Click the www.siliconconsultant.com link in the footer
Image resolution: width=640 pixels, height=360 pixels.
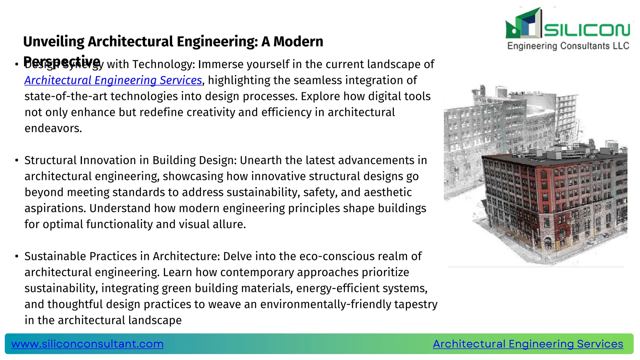pyautogui.click(x=87, y=344)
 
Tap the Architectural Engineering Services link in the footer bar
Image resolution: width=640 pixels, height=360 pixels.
pyautogui.click(x=528, y=344)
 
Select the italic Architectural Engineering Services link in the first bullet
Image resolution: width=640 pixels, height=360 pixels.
pyautogui.click(x=113, y=80)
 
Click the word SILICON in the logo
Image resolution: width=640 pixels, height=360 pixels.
pyautogui.click(x=587, y=30)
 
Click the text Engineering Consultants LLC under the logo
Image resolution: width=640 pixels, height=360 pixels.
pyautogui.click(x=568, y=46)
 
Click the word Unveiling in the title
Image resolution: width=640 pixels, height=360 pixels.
pyautogui.click(x=54, y=42)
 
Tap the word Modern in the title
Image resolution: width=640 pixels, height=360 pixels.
pyautogui.click(x=298, y=42)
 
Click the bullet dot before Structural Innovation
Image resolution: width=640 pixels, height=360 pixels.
pyautogui.click(x=17, y=161)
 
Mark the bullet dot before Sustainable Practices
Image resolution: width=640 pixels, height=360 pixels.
pyautogui.click(x=17, y=257)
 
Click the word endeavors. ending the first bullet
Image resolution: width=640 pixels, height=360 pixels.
pyautogui.click(x=53, y=128)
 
